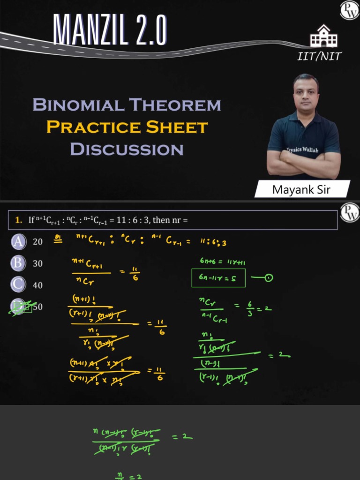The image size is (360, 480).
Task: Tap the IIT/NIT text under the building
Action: click(x=320, y=57)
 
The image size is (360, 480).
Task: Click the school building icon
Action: click(x=323, y=36)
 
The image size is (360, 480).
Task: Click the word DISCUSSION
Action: click(x=127, y=150)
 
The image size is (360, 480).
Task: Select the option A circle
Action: click(x=18, y=242)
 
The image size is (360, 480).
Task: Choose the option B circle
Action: click(x=18, y=263)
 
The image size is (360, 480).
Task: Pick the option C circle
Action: click(x=18, y=285)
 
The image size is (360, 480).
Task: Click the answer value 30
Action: click(x=37, y=263)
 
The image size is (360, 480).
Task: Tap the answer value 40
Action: click(x=37, y=285)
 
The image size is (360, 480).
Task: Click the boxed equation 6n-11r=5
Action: click(x=218, y=278)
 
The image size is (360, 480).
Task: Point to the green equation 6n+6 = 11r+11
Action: click(x=222, y=262)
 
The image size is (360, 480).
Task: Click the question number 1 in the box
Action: click(x=17, y=219)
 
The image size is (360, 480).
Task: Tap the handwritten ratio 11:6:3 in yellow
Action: click(x=213, y=242)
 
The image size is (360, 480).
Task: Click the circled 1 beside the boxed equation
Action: click(x=269, y=278)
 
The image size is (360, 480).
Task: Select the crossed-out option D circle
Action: click(x=19, y=307)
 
